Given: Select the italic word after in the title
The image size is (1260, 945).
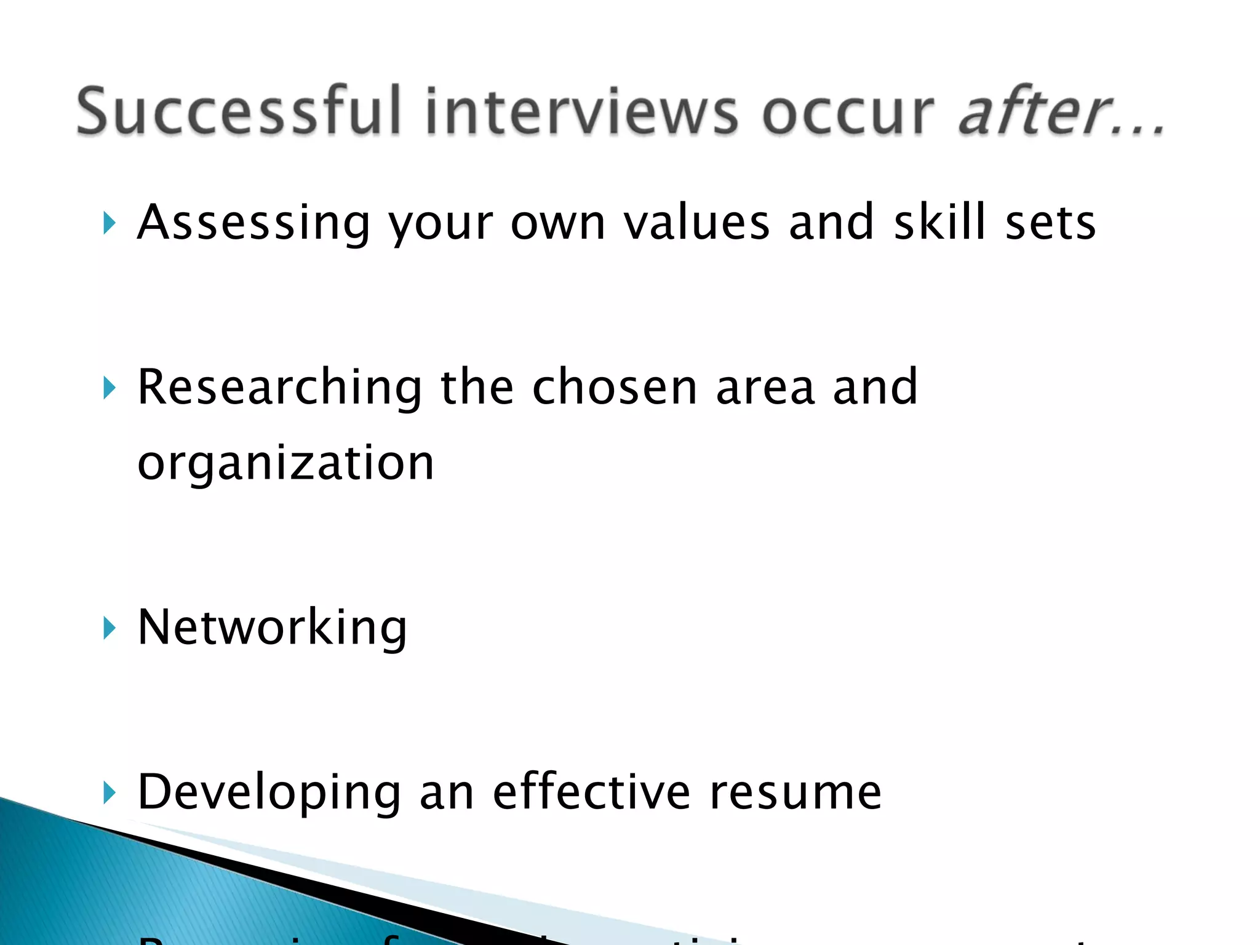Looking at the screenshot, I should tap(1040, 111).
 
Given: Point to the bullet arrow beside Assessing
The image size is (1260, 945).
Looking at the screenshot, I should tap(110, 223).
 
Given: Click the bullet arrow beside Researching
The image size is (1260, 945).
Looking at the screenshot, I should tap(110, 388).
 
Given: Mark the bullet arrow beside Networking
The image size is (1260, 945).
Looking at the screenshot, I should tap(110, 628).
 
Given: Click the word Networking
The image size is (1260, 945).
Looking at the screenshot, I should tap(272, 628).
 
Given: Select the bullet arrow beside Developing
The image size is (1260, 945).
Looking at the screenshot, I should tap(110, 792).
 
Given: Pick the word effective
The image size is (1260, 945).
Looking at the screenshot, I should tap(591, 792).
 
